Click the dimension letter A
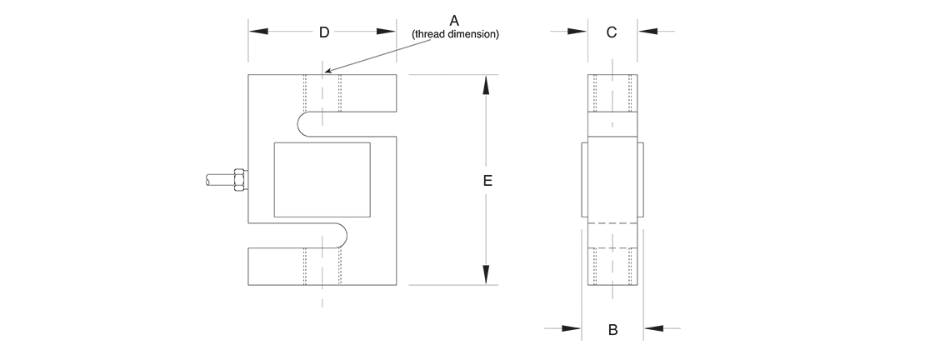pyautogui.click(x=454, y=19)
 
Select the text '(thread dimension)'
pyautogui.click(x=455, y=34)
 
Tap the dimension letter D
pyautogui.click(x=325, y=32)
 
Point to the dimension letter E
pyautogui.click(x=488, y=180)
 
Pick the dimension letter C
pyautogui.click(x=611, y=32)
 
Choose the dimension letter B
pyautogui.click(x=612, y=330)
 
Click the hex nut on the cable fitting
pyautogui.click(x=240, y=180)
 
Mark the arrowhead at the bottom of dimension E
pyautogui.click(x=487, y=276)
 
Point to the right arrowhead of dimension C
pyautogui.click(x=648, y=32)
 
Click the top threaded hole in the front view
pyautogui.click(x=322, y=93)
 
